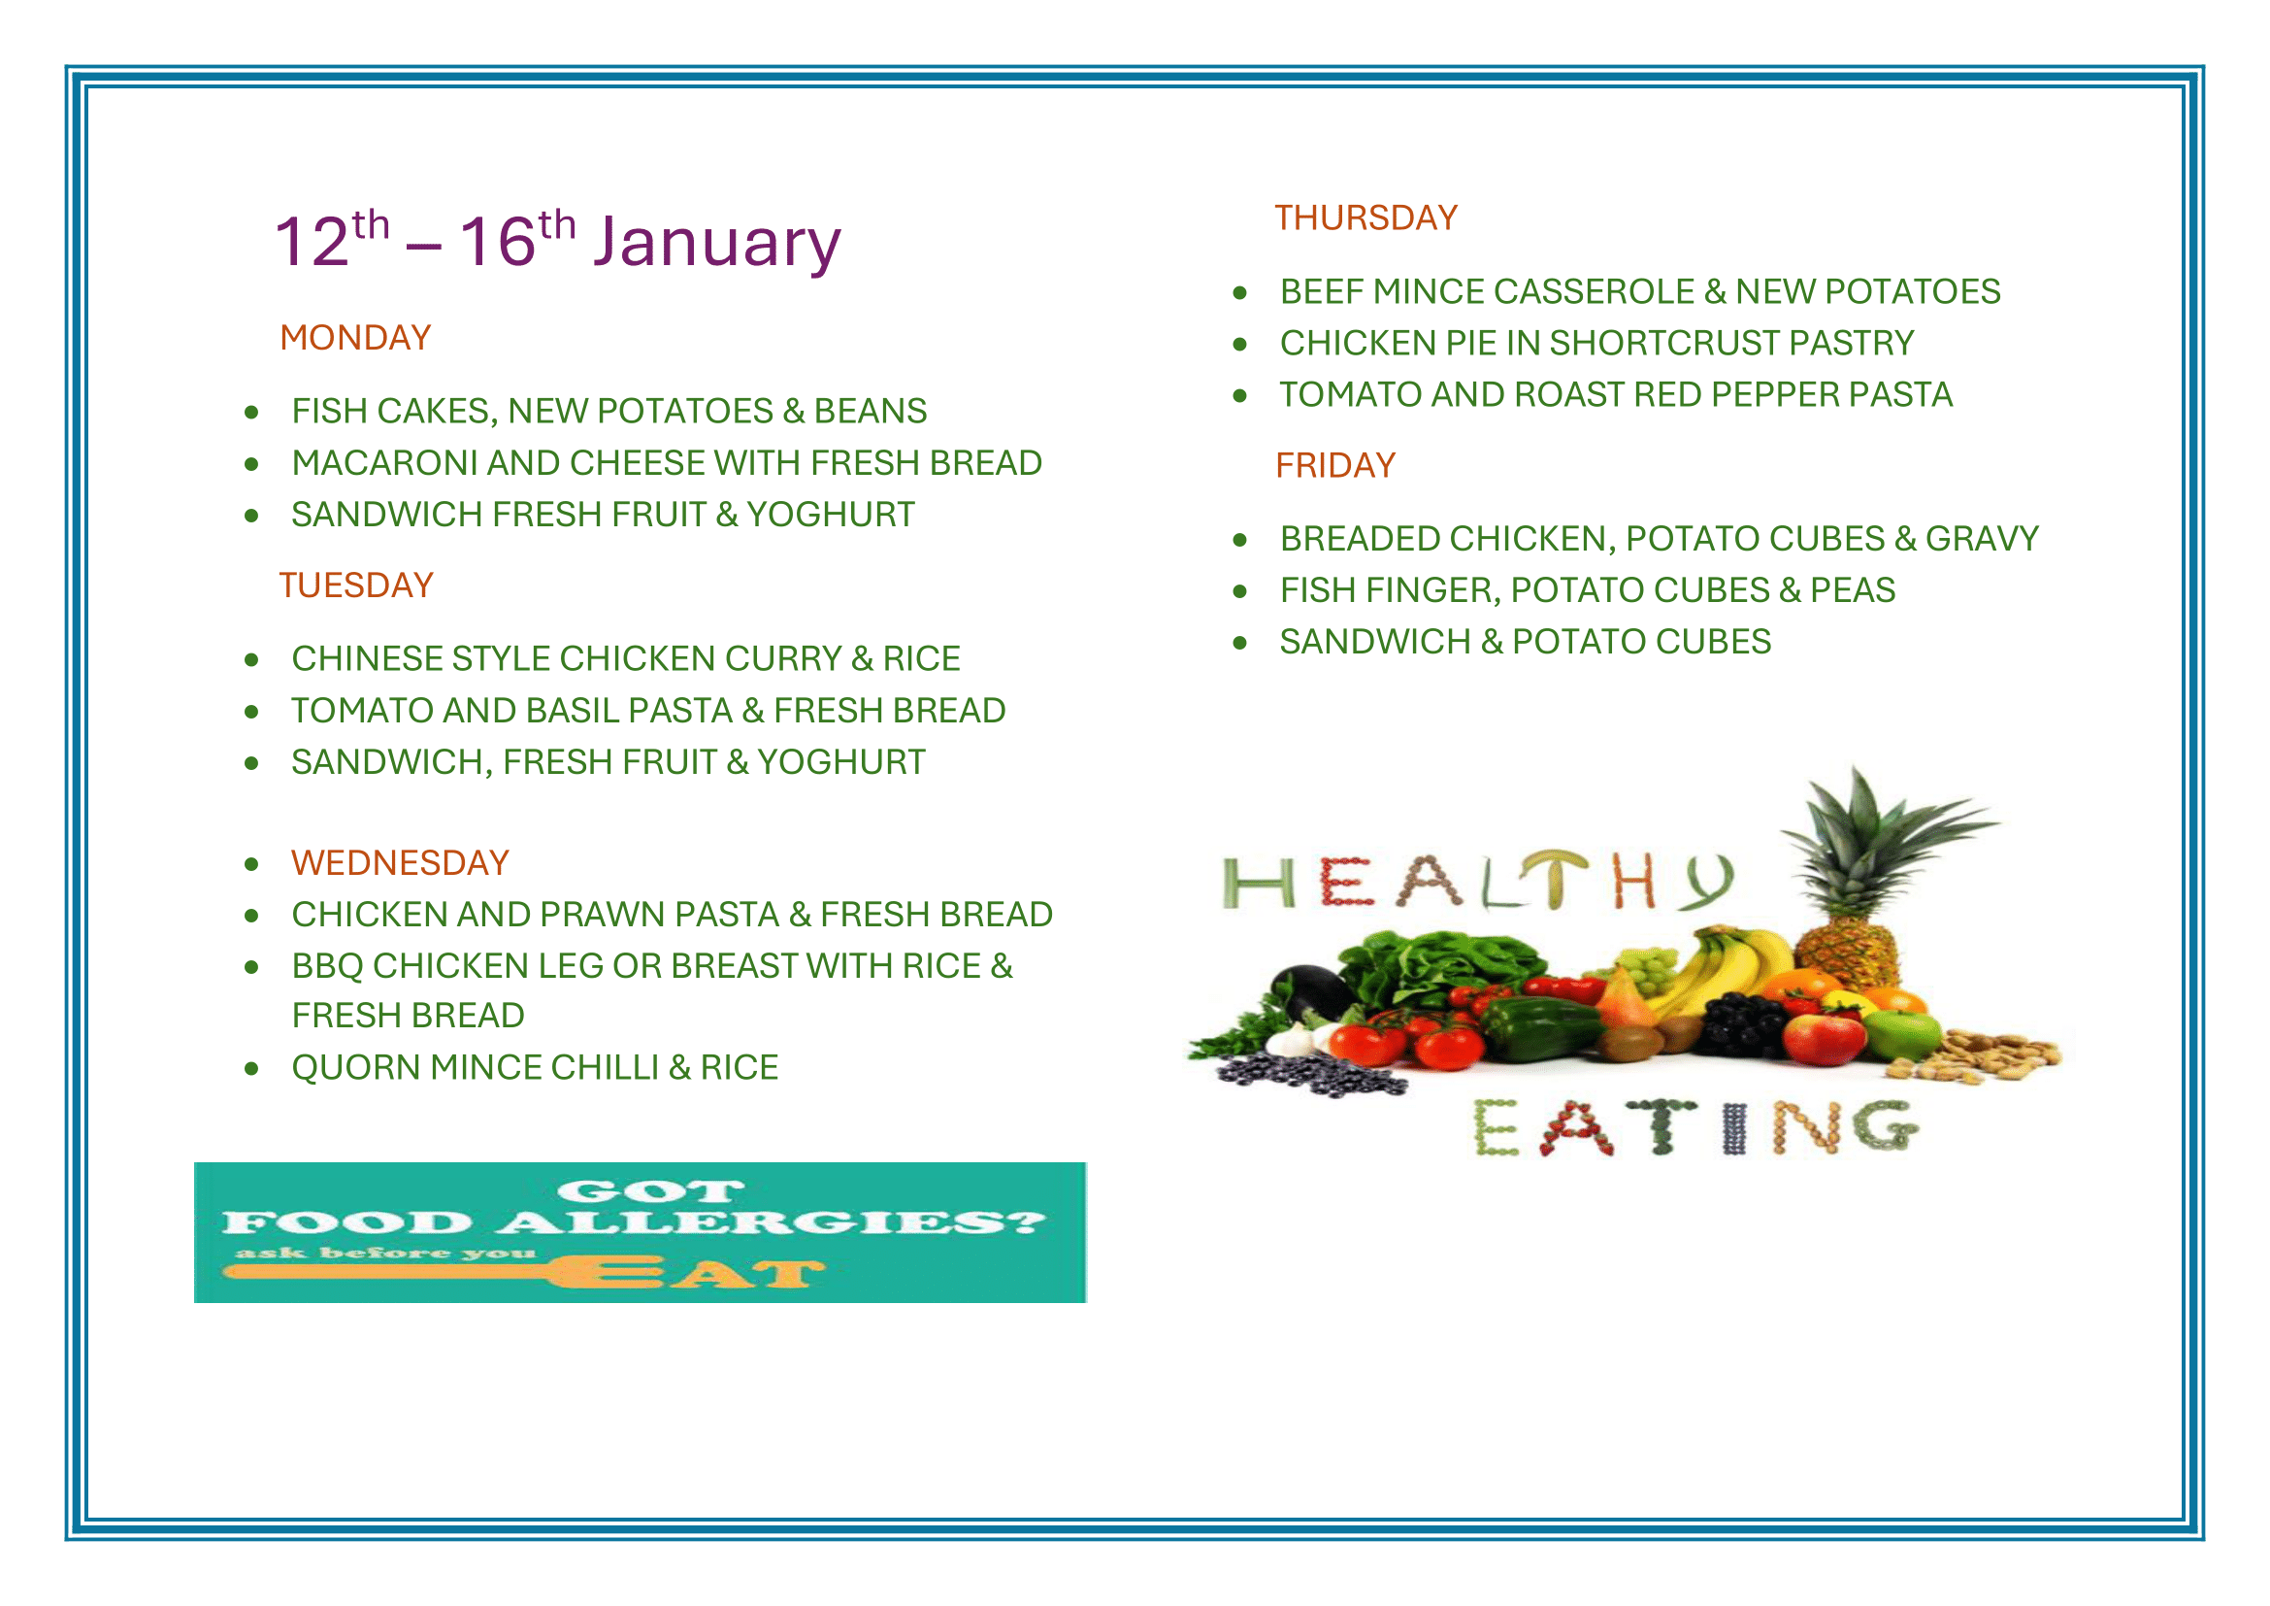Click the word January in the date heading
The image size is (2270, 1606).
(717, 243)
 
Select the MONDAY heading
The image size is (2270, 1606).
(356, 338)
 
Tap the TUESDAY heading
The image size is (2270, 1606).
(356, 586)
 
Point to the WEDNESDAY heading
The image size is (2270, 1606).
(401, 863)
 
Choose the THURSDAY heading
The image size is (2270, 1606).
(1366, 218)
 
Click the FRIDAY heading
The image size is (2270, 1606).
(1335, 466)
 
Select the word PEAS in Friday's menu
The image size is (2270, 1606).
(1853, 590)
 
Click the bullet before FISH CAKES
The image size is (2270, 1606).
(252, 413)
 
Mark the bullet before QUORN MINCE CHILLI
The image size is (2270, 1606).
(252, 1069)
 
